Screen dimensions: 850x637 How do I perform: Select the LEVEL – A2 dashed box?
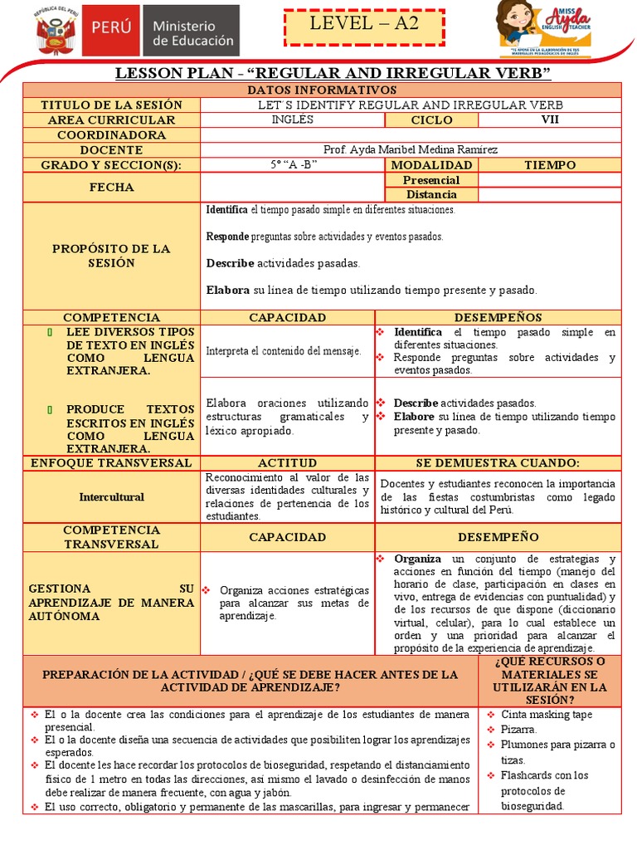coord(364,27)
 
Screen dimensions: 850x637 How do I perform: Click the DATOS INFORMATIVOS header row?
coord(322,90)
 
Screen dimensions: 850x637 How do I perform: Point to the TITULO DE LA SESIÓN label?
coord(111,105)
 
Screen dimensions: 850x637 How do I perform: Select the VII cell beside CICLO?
coord(549,120)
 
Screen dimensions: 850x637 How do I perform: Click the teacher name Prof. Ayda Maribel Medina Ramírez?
coord(411,149)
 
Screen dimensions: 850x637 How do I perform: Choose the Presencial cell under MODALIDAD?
coord(430,179)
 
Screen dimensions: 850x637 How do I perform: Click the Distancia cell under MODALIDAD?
coord(430,194)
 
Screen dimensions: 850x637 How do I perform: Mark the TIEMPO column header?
coord(549,164)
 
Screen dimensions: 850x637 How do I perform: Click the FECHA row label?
coord(111,187)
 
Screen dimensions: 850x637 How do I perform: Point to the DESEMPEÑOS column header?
coord(498,317)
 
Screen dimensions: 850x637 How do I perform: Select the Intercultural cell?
coord(111,497)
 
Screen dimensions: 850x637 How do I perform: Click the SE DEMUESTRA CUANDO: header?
coord(498,462)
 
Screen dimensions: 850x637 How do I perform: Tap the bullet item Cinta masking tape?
coord(546,715)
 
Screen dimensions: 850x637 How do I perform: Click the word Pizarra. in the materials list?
coord(519,730)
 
